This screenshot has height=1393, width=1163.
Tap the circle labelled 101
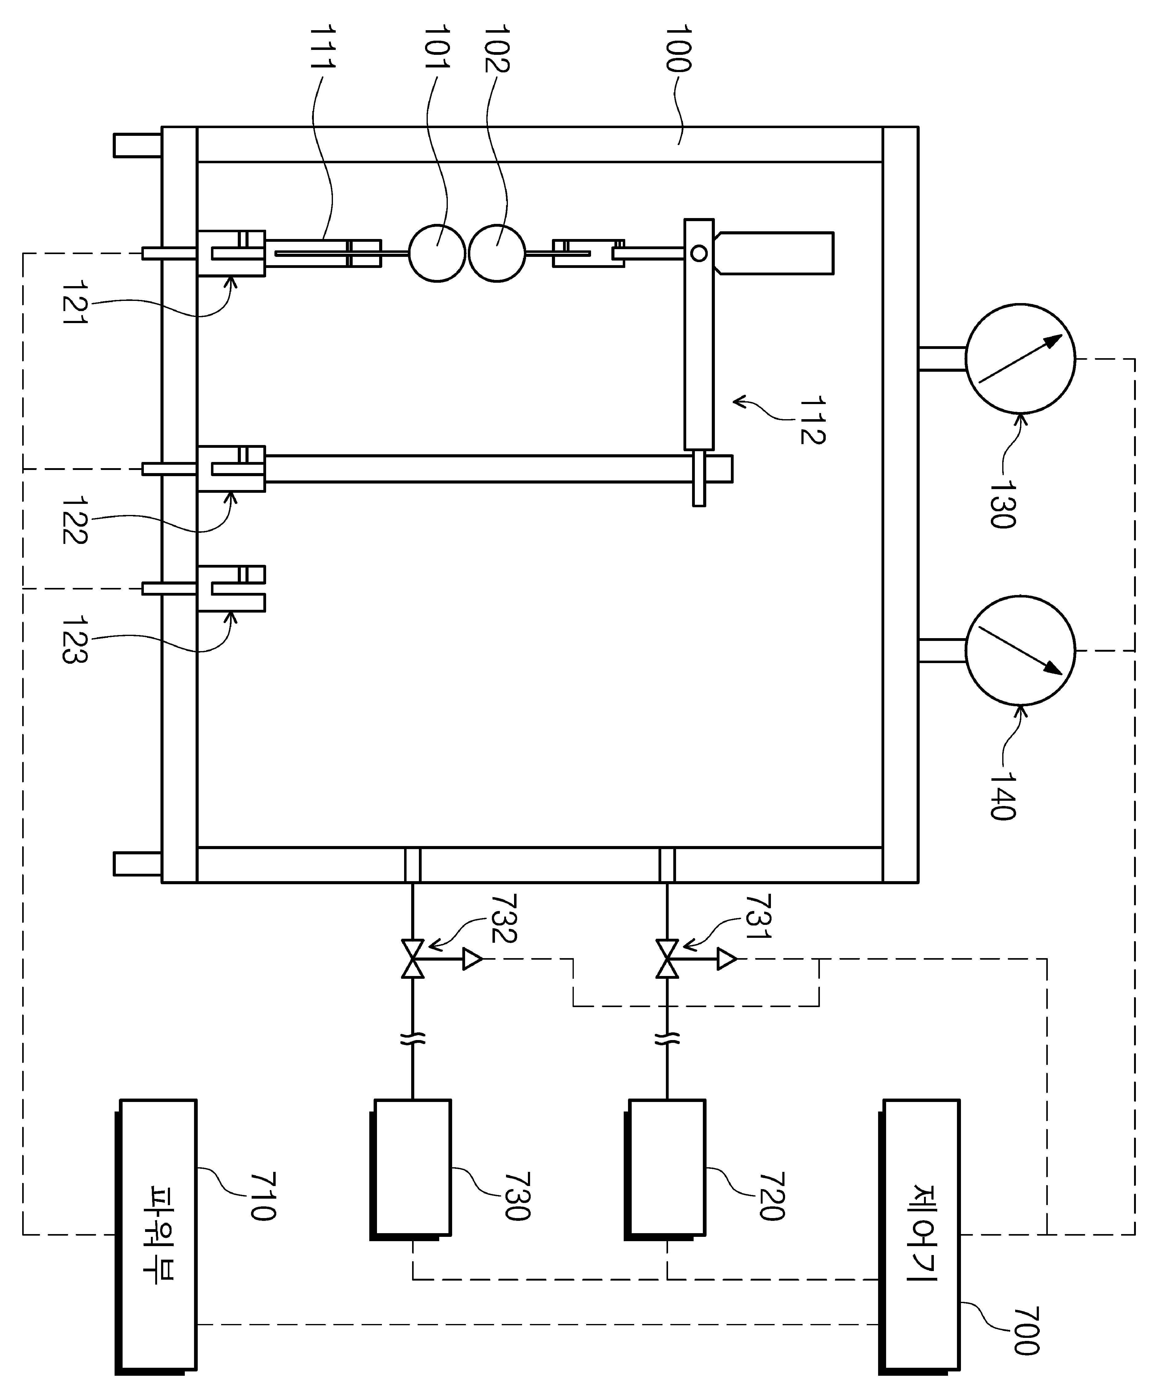pos(436,253)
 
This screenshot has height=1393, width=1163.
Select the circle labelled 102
pos(497,253)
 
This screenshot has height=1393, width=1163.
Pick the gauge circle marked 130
pos(1020,359)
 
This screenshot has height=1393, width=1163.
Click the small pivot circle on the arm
pos(699,253)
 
